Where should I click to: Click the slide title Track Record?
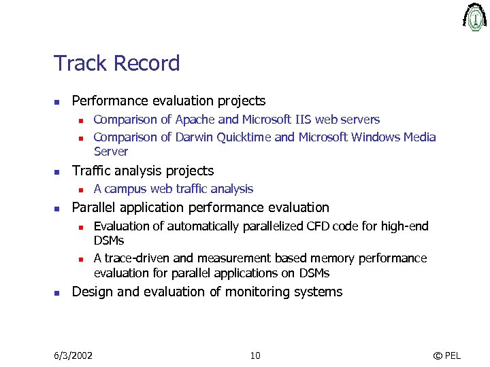tap(116, 63)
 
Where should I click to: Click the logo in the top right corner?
tap(474, 17)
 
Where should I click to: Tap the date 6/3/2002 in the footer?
tap(73, 355)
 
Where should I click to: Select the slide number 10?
tap(255, 355)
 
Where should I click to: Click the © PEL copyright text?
tap(446, 355)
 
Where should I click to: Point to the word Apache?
tap(195, 120)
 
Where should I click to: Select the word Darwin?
tap(194, 137)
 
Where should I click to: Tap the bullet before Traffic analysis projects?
tap(58, 171)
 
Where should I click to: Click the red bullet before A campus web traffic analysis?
tap(80, 190)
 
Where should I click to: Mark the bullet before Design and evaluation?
tap(58, 293)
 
